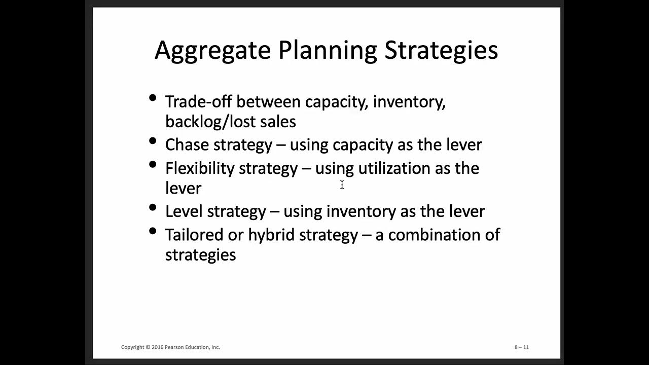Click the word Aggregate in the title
point(212,51)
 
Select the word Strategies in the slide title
point(441,51)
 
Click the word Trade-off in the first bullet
point(198,102)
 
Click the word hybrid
point(271,235)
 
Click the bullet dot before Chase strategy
point(153,141)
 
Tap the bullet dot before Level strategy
point(153,207)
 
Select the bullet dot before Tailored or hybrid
point(153,231)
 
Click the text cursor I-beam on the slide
point(342,185)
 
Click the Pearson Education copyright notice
point(170,347)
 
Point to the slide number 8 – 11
point(521,347)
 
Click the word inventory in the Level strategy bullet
point(360,211)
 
